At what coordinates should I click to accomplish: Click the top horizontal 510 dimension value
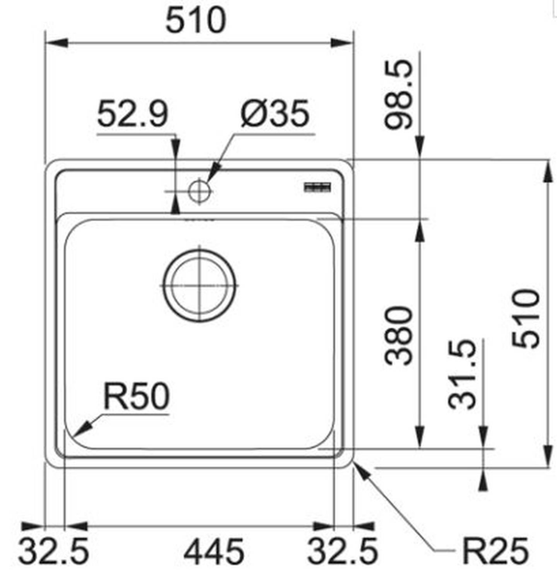[x=195, y=20]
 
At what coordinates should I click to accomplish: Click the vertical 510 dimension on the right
[x=526, y=318]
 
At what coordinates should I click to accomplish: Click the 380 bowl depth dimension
[x=400, y=335]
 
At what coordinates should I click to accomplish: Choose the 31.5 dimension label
[x=464, y=373]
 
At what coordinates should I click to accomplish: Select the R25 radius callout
[x=494, y=551]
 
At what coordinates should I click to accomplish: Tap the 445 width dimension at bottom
[x=214, y=551]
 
